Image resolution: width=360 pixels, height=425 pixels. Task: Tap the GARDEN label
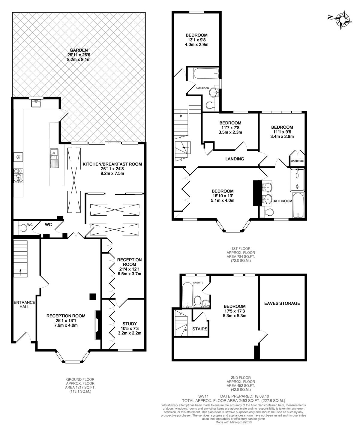[x=79, y=50]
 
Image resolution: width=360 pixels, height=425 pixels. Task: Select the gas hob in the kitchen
[x=18, y=175]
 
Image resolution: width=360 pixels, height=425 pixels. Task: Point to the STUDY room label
[x=130, y=323]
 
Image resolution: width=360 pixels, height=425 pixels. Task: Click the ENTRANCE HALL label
[x=25, y=304]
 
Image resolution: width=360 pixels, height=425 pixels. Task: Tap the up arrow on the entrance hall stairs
[x=20, y=272]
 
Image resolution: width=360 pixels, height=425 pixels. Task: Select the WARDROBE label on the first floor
[x=297, y=161]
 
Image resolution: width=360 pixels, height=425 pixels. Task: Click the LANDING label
[x=235, y=159]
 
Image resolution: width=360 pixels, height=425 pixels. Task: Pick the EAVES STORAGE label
[x=282, y=303]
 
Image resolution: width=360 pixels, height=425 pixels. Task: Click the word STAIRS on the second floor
[x=200, y=329]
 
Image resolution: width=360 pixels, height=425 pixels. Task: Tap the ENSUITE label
[x=198, y=283]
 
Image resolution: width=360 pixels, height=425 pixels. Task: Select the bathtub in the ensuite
[x=187, y=295]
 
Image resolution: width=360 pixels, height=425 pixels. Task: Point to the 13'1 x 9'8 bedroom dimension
[x=197, y=40]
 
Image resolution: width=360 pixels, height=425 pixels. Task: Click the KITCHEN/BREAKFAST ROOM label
[x=112, y=164]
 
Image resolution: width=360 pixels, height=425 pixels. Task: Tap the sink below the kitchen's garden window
[x=36, y=103]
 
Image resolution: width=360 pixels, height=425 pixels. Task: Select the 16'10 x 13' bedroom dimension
[x=223, y=196]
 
